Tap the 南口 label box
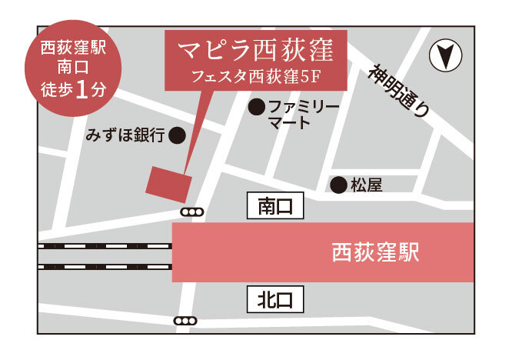[275, 205]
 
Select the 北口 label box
[275, 299]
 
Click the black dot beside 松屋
[337, 185]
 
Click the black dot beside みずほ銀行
[177, 137]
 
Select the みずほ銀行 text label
[127, 136]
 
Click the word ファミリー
[303, 107]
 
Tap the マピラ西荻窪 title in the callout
[254, 52]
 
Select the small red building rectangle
[169, 184]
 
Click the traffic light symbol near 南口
[193, 212]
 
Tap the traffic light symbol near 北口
[186, 321]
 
